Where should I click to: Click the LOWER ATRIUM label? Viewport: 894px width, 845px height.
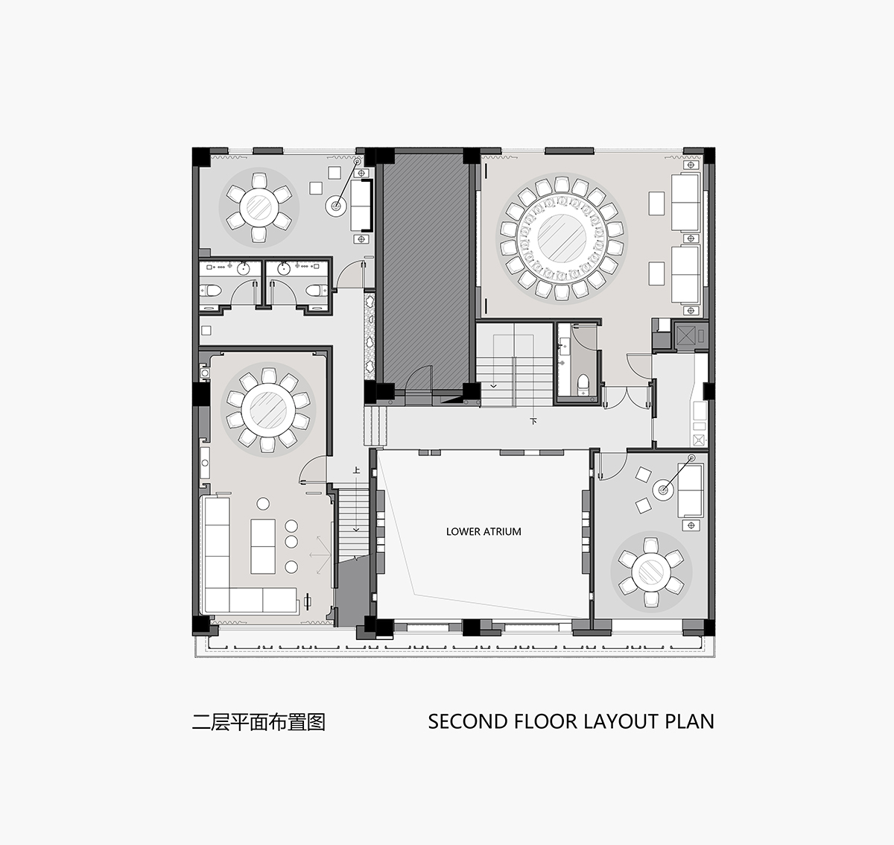pos(484,531)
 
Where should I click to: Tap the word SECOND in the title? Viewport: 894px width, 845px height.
pos(466,721)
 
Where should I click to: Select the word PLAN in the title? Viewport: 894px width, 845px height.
pos(690,721)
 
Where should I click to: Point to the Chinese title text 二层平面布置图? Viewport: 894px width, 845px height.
pos(259,721)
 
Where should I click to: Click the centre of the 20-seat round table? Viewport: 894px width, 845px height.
pos(562,238)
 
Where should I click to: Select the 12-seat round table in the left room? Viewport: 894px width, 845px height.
pos(268,409)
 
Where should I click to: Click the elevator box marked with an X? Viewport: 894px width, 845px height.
pos(685,335)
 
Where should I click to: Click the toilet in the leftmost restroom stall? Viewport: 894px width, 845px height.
pos(212,291)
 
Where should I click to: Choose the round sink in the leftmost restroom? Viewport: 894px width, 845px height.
pos(244,268)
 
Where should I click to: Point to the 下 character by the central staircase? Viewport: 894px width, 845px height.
pos(533,421)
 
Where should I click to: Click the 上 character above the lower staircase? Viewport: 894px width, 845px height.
pos(356,470)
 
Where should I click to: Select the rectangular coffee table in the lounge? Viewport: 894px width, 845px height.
pos(263,546)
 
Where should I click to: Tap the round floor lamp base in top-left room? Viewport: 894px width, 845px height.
pos(336,206)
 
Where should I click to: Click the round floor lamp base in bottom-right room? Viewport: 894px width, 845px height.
pos(664,490)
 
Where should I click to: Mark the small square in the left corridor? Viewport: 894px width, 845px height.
pos(206,330)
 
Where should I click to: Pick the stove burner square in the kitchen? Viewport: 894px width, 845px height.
pos(699,440)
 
